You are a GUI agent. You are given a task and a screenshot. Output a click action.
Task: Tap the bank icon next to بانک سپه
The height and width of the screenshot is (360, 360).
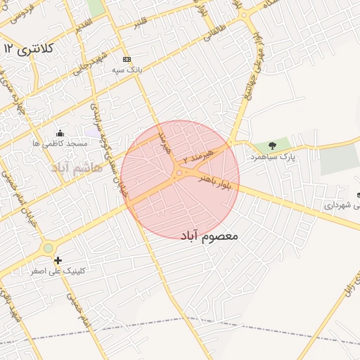point(127,60)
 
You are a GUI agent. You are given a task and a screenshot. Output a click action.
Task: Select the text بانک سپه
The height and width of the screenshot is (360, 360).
point(127,70)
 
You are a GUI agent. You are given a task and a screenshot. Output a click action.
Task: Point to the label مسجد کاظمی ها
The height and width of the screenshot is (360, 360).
point(60,143)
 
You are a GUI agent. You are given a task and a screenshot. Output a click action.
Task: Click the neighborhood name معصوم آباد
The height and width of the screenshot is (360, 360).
point(210,236)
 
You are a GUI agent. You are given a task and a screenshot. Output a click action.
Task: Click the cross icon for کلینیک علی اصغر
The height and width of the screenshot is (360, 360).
point(58,260)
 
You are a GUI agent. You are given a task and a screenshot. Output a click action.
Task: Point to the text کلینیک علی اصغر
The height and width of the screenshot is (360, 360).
point(53,271)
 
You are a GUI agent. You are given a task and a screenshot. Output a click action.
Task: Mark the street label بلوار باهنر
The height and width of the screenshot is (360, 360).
point(212,173)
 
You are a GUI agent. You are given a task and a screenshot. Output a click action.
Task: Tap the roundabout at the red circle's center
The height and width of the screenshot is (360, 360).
point(180,172)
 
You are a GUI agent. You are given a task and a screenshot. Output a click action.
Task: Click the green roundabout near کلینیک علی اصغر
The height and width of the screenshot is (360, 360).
point(48,247)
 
